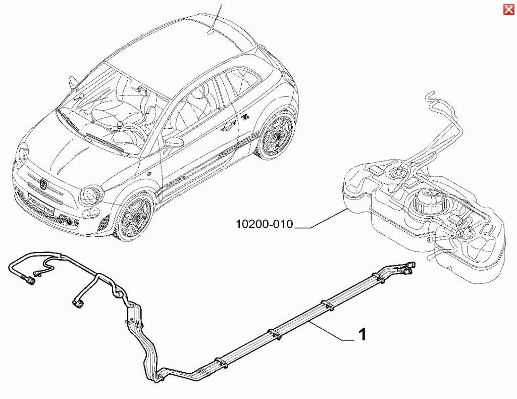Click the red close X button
(508, 10)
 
